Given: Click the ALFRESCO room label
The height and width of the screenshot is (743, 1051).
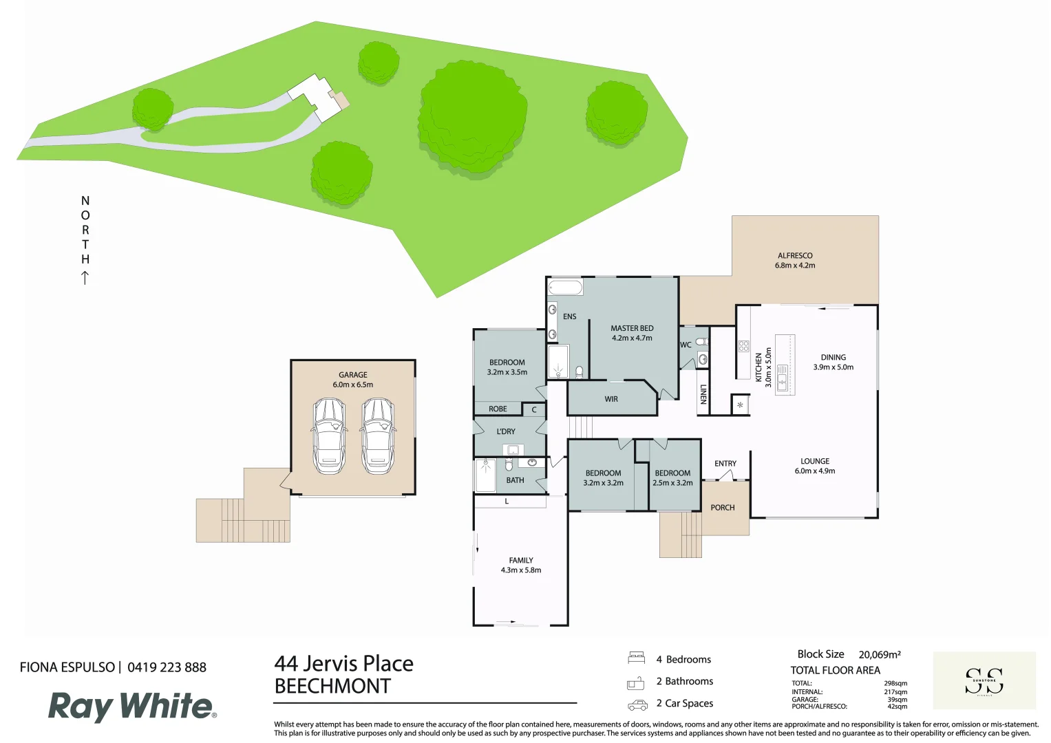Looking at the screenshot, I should click(795, 256).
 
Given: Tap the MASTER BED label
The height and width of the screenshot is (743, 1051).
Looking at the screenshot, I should click(632, 328).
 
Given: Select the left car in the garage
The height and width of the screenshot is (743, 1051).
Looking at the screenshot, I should click(329, 436).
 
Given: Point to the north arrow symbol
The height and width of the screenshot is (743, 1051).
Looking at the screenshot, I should click(85, 278).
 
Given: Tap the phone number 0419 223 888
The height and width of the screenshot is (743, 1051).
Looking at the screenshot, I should click(167, 667).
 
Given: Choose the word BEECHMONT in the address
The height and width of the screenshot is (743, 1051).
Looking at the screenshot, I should click(332, 687).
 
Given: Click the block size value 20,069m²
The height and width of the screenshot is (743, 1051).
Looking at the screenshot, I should click(879, 655).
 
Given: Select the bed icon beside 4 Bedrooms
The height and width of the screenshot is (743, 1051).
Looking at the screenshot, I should click(636, 658).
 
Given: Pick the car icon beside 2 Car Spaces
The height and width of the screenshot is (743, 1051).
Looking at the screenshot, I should click(637, 705).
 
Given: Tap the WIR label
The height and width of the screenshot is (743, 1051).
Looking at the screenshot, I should click(611, 399).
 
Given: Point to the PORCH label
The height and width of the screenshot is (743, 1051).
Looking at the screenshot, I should click(723, 508).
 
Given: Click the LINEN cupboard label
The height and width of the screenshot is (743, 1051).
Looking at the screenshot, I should click(703, 394).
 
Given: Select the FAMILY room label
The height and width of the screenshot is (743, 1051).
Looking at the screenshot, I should click(521, 561).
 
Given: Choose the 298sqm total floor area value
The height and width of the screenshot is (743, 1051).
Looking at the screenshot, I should click(895, 684).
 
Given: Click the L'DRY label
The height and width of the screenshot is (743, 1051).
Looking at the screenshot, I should click(506, 431).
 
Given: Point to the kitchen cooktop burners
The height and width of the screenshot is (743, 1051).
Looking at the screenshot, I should click(743, 346).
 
